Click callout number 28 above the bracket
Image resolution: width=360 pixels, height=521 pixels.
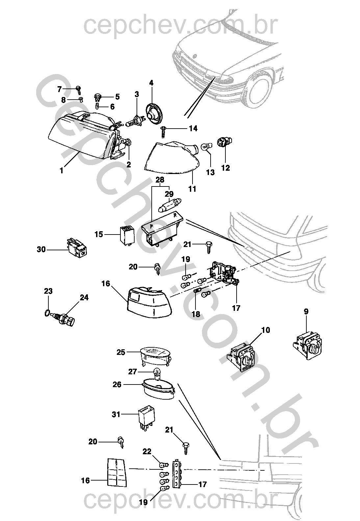click(x=160, y=180)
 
